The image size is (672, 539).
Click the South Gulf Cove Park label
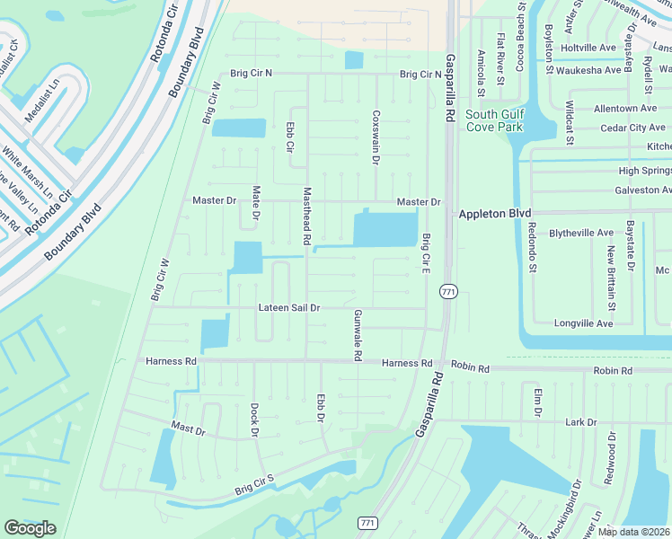tap(493, 120)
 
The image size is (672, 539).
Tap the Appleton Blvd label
tap(495, 216)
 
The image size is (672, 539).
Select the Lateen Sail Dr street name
tap(289, 307)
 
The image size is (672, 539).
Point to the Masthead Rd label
tap(306, 216)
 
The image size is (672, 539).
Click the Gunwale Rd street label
tap(358, 335)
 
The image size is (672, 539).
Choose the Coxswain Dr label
tap(376, 137)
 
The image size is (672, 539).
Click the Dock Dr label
tap(254, 420)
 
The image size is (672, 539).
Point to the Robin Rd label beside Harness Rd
tap(470, 368)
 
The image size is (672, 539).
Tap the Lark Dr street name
tap(581, 421)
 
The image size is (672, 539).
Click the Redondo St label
tap(532, 248)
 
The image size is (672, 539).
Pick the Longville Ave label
tap(584, 322)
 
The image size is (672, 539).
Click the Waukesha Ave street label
tap(588, 70)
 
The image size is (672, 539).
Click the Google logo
tap(30, 528)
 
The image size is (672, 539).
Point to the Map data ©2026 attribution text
tap(634, 532)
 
